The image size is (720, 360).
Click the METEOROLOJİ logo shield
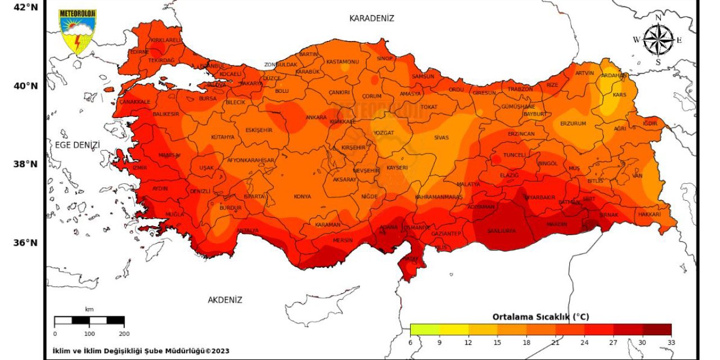pyautogui.click(x=78, y=31)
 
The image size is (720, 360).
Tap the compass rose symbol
pyautogui.click(x=658, y=40)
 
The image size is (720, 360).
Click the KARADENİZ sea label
pyautogui.click(x=372, y=19)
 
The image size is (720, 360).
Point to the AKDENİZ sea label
pyautogui.click(x=225, y=300)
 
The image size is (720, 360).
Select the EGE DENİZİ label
pyautogui.click(x=77, y=145)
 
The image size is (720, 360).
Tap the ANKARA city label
pyautogui.click(x=316, y=118)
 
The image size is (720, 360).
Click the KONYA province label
pyautogui.click(x=302, y=197)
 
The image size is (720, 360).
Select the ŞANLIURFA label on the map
pyautogui.click(x=501, y=231)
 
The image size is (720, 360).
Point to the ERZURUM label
pyautogui.click(x=573, y=123)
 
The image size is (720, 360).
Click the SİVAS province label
pyautogui.click(x=442, y=137)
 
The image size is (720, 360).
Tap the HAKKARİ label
pyautogui.click(x=650, y=214)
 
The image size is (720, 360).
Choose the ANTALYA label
pyautogui.click(x=247, y=231)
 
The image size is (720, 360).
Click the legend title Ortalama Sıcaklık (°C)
pyautogui.click(x=541, y=317)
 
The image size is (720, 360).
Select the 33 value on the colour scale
pyautogui.click(x=671, y=343)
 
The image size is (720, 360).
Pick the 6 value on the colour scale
pyautogui.click(x=411, y=343)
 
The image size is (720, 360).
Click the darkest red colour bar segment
pyautogui.click(x=656, y=330)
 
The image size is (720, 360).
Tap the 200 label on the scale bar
pyautogui.click(x=124, y=334)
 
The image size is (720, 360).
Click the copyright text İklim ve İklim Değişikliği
pyautogui.click(x=141, y=351)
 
